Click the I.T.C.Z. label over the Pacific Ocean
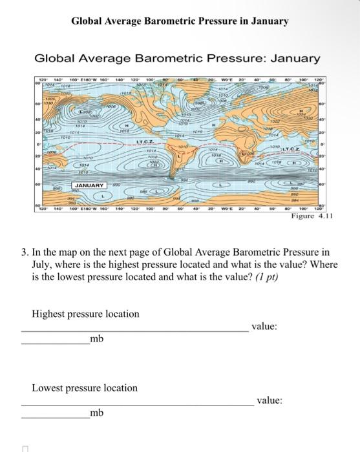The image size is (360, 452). tap(143, 141)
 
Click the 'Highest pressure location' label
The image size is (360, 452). tap(85, 314)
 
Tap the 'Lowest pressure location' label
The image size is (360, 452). tap(85, 388)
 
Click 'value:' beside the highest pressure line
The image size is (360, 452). tap(264, 327)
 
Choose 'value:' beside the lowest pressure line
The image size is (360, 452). tap(270, 400)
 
